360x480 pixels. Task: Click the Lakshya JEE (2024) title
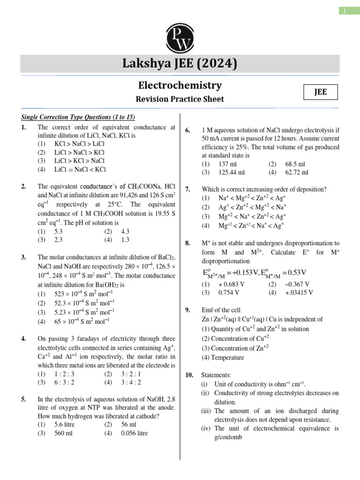point(180,63)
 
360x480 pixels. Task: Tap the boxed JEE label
point(320,93)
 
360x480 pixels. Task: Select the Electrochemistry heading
point(180,85)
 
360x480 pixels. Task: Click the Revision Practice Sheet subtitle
point(180,99)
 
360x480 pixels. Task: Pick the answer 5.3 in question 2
point(59,231)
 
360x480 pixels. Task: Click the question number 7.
point(188,189)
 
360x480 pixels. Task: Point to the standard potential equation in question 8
point(255,272)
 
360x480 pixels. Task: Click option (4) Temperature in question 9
point(223,357)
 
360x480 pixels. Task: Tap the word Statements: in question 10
point(216,375)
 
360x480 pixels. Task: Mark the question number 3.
point(23,257)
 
